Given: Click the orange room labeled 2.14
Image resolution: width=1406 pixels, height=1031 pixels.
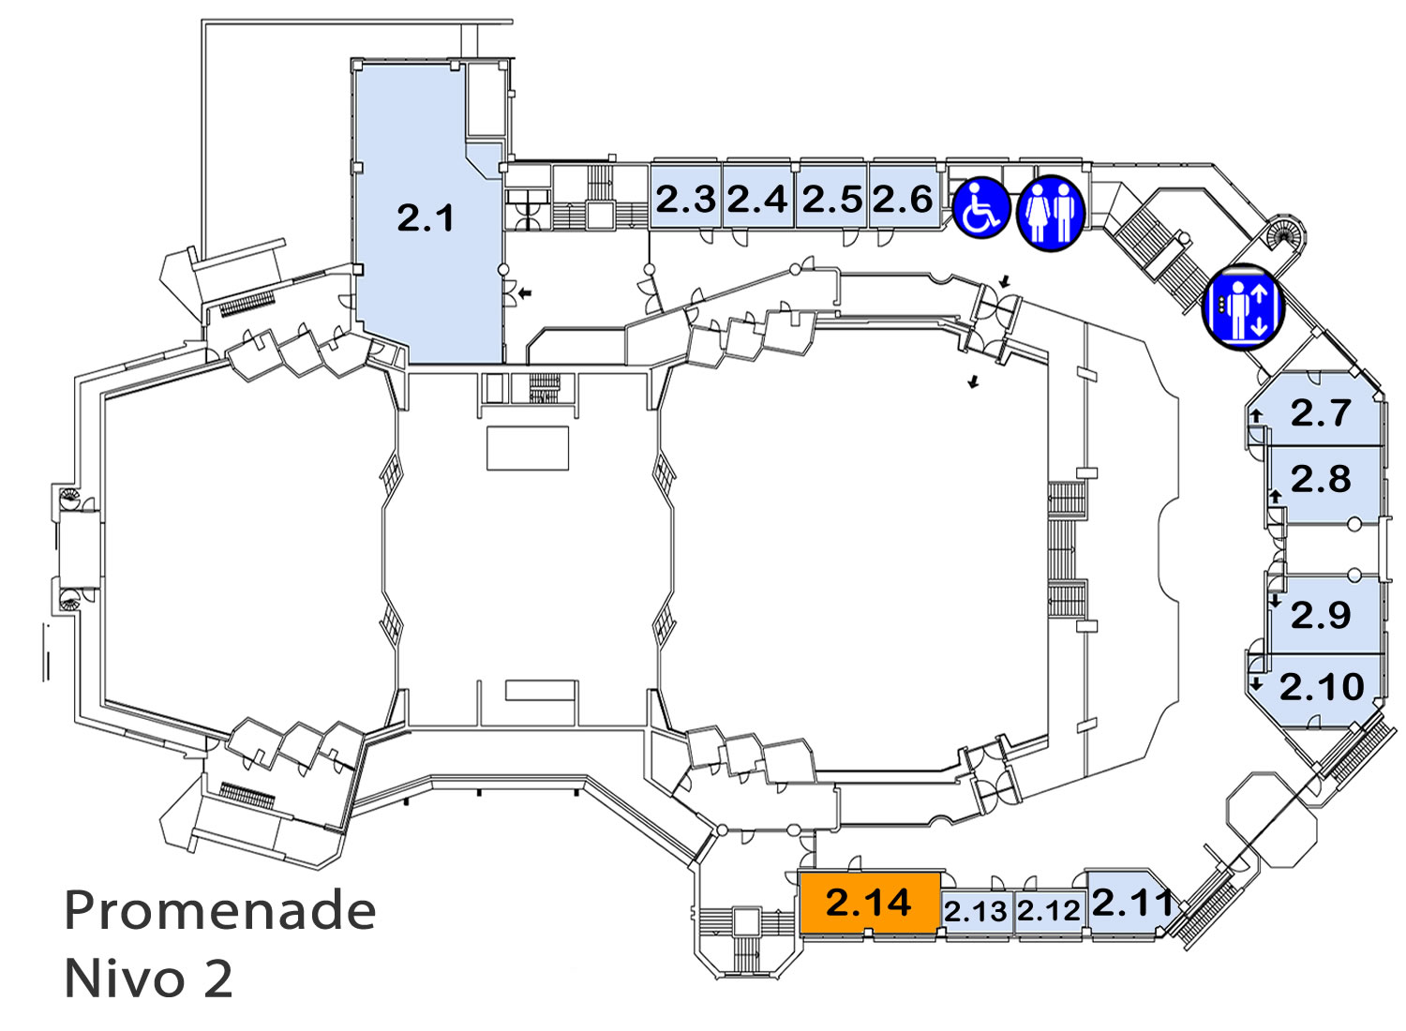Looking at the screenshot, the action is click(x=869, y=903).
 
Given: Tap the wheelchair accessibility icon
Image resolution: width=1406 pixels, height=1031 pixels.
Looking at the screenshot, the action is click(x=981, y=208).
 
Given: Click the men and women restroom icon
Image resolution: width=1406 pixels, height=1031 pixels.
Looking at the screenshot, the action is click(x=1051, y=213).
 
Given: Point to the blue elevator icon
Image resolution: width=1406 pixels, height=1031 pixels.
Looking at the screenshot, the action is click(x=1244, y=307).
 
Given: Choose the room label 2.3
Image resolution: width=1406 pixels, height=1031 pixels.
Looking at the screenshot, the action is click(x=685, y=199).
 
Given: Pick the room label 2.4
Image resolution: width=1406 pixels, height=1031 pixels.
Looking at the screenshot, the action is click(x=757, y=199).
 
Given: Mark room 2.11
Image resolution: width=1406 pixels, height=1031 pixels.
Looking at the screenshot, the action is click(x=1129, y=904).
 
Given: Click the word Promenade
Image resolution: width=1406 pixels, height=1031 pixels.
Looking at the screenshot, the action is click(x=220, y=911).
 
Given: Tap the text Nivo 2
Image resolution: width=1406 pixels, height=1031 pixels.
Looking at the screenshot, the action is click(x=149, y=979).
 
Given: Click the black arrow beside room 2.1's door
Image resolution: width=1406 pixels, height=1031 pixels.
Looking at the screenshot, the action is click(x=525, y=291).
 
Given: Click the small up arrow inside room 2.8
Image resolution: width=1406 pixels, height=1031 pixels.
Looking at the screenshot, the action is click(x=1275, y=497).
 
